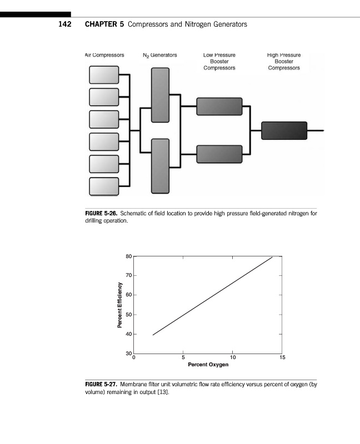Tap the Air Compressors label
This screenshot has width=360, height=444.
coord(104,55)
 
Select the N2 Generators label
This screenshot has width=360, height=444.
coord(159,55)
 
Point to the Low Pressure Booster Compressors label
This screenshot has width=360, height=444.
coord(219,62)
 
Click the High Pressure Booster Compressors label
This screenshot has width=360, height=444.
coord(283,62)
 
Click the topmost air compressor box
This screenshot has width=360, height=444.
coord(104,74)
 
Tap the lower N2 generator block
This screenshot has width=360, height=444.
coord(160,166)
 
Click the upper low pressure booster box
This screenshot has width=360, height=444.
coord(219,106)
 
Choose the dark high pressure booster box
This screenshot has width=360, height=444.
coord(284,130)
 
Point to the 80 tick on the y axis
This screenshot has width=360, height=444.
coord(128,256)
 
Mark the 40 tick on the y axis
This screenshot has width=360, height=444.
coord(128,334)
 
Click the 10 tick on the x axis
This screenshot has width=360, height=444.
coord(233,357)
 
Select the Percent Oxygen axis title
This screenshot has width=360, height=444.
coord(208,365)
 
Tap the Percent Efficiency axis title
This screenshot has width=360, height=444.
coord(119,305)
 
